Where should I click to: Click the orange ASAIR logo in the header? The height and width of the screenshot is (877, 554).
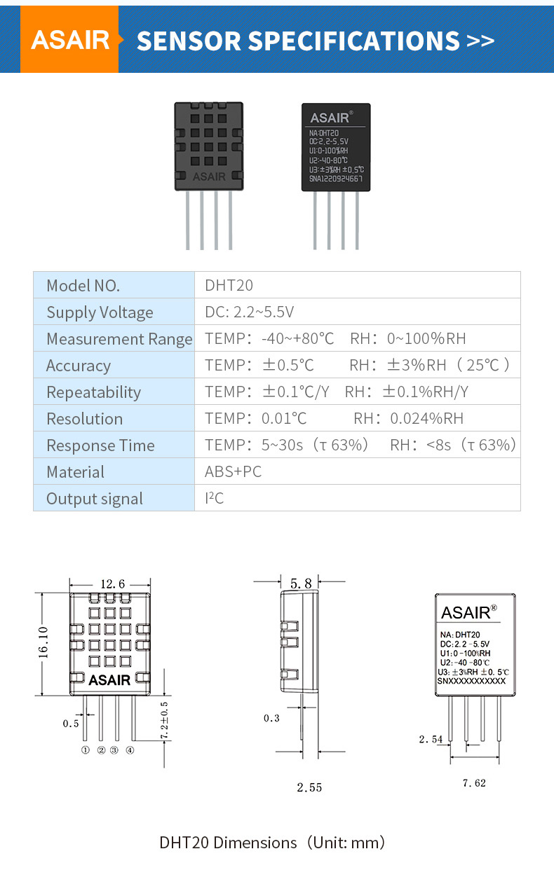(x=70, y=40)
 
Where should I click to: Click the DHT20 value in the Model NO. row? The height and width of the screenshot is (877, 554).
(x=229, y=285)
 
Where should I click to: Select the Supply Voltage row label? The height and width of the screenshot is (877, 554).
(x=100, y=312)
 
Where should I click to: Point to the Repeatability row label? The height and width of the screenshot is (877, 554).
(x=93, y=392)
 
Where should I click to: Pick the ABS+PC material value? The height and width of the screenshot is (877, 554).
(x=233, y=472)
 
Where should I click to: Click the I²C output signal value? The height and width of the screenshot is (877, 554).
(x=214, y=499)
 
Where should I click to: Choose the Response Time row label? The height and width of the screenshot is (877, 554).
(x=100, y=446)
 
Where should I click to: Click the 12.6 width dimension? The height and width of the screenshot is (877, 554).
(x=112, y=583)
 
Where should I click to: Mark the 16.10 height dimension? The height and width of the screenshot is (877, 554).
(x=43, y=642)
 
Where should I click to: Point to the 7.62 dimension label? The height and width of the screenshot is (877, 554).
(x=474, y=783)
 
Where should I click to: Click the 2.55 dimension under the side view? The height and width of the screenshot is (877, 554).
(x=309, y=787)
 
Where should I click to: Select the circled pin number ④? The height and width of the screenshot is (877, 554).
(x=130, y=750)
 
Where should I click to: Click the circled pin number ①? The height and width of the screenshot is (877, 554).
(x=86, y=750)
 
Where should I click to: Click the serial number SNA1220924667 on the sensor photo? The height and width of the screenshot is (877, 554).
(x=336, y=179)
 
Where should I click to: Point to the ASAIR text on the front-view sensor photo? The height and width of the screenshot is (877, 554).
(x=209, y=177)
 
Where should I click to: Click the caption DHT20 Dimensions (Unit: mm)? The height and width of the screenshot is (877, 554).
(x=272, y=842)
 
